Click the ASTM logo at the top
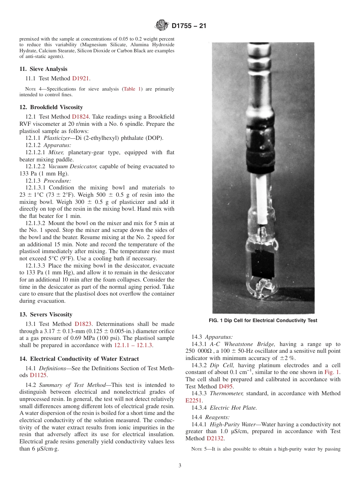tap(162, 26)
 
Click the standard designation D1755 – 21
tap(189, 26)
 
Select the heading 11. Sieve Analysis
tap(43, 69)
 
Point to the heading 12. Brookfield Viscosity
tap(51, 107)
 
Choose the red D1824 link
tap(80, 117)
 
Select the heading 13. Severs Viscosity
tap(46, 315)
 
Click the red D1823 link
tap(83, 324)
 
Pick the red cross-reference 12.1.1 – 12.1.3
tap(135, 345)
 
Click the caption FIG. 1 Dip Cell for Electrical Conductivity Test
tap(263, 321)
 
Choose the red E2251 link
tap(193, 400)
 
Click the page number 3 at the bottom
tap(180, 466)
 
